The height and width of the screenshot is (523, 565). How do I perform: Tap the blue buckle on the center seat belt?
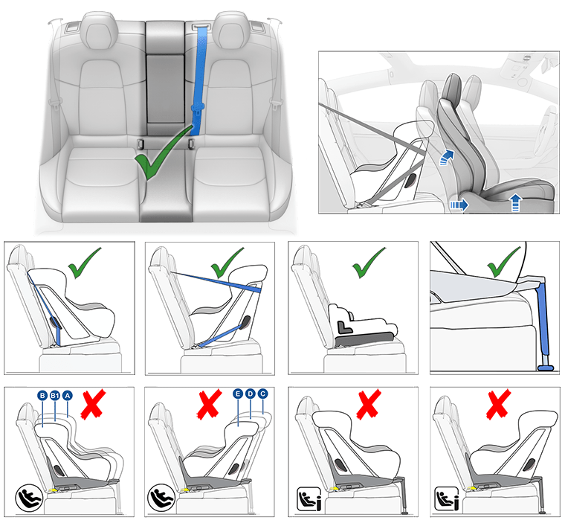pyautogui.click(x=197, y=109)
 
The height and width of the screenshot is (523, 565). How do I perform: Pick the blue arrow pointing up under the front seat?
pyautogui.click(x=515, y=203)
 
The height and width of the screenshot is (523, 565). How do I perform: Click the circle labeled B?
pyautogui.click(x=42, y=396)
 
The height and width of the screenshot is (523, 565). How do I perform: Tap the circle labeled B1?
pyautogui.click(x=55, y=396)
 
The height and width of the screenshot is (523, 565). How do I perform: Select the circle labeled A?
pyautogui.click(x=68, y=396)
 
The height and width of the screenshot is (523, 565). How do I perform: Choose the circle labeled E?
pyautogui.click(x=237, y=394)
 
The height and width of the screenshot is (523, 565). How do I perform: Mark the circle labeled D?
pyautogui.click(x=250, y=394)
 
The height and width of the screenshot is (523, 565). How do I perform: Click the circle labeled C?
pyautogui.click(x=262, y=394)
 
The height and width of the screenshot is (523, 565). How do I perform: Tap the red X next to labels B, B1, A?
pyautogui.click(x=93, y=405)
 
